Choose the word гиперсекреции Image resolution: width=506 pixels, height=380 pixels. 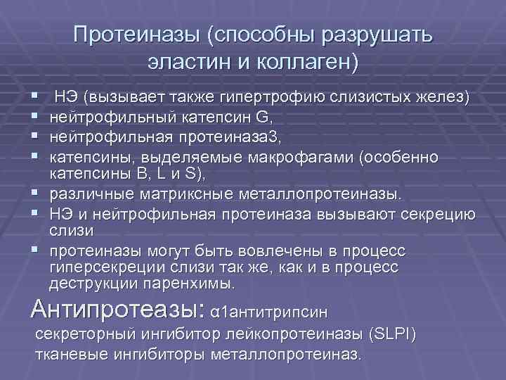click(105, 268)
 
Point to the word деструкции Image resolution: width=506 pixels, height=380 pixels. click(91, 283)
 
